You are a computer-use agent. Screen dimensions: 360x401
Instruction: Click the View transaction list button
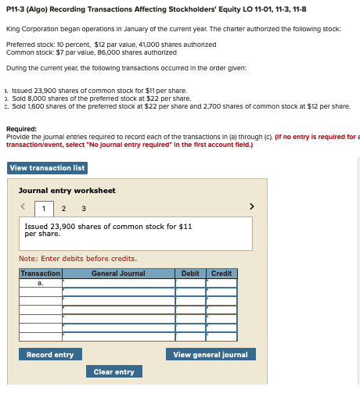click(47, 168)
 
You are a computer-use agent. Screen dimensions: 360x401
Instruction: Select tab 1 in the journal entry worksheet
click(45, 208)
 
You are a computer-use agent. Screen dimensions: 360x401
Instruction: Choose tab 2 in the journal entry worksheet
click(63, 208)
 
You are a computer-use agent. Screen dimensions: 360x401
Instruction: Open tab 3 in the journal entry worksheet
click(83, 208)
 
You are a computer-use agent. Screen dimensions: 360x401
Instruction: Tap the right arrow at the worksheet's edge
click(251, 207)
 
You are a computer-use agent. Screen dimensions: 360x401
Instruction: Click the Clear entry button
click(113, 372)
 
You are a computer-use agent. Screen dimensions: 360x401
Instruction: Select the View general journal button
click(210, 355)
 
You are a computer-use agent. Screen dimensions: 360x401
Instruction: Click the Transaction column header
click(41, 274)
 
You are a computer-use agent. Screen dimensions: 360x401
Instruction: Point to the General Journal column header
click(118, 274)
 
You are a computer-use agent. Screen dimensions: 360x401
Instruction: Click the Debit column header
click(190, 274)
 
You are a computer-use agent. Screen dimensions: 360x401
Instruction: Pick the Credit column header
click(221, 274)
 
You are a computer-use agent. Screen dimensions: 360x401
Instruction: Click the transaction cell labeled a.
click(41, 283)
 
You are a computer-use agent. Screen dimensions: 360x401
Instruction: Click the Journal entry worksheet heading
click(67, 191)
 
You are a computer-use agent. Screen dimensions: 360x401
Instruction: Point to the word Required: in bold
click(21, 129)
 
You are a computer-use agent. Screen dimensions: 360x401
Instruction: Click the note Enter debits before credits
click(77, 259)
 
